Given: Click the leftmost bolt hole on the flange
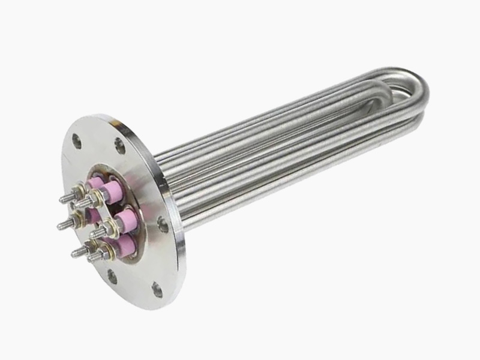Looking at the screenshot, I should click(76, 141).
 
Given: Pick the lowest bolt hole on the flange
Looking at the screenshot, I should click(157, 290).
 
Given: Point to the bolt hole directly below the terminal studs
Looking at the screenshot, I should click(112, 277).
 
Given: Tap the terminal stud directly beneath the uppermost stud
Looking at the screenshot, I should click(63, 224).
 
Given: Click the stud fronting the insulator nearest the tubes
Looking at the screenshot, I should click(97, 230).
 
